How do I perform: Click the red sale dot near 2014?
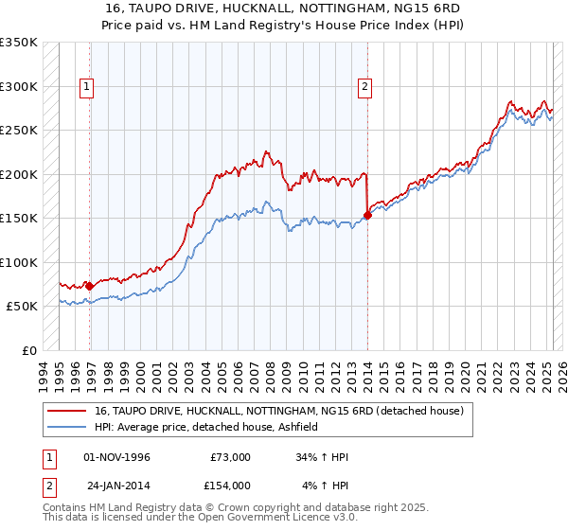click(x=368, y=215)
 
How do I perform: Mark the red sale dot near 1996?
click(x=89, y=286)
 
